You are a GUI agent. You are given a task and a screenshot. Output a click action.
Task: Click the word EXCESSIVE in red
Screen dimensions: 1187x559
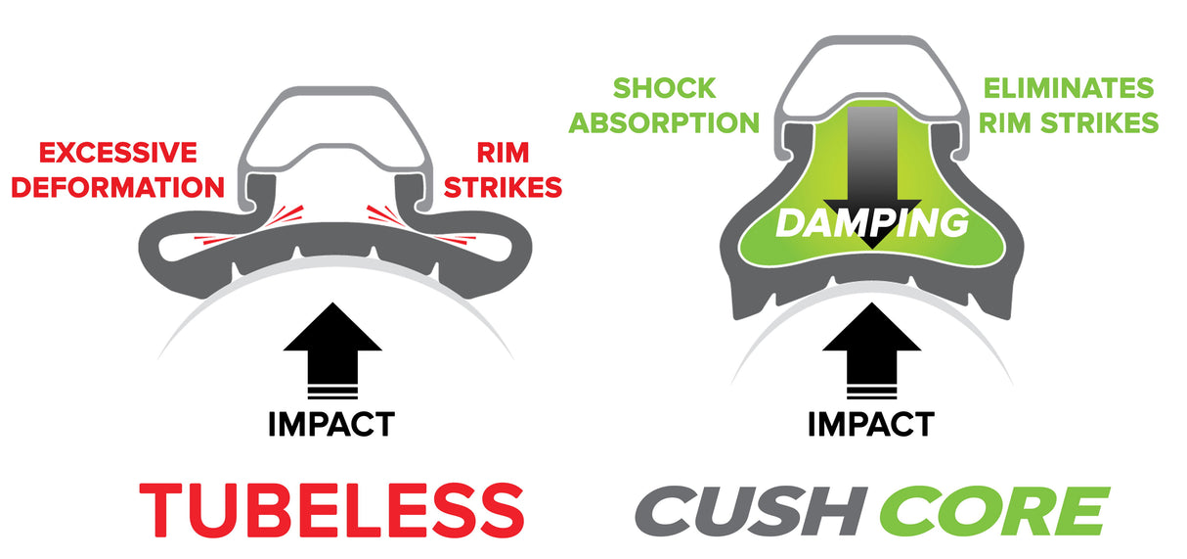click(117, 153)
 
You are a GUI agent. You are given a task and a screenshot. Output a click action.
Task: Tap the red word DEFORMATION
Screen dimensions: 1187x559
click(117, 187)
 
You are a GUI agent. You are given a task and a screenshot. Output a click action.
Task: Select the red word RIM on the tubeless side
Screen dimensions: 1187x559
click(503, 153)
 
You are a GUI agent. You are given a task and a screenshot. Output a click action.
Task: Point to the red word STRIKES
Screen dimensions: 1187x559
click(503, 187)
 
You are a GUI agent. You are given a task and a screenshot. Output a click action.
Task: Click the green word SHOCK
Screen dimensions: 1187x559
click(664, 88)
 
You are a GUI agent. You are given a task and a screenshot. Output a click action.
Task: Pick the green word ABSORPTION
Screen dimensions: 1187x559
click(664, 122)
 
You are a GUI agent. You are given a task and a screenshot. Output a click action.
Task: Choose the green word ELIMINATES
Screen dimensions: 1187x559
click(1069, 88)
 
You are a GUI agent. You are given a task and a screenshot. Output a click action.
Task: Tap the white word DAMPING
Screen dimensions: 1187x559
click(872, 223)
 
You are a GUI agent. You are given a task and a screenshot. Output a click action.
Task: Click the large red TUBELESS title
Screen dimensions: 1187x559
click(331, 510)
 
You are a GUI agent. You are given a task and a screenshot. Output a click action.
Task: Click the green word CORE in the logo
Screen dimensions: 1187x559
click(994, 510)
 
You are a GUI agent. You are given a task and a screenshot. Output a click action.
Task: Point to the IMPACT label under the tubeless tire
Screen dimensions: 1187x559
click(331, 424)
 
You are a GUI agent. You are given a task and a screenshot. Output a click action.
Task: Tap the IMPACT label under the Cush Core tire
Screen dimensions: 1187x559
click(870, 424)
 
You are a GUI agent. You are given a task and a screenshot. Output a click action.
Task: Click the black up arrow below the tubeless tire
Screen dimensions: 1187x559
click(332, 350)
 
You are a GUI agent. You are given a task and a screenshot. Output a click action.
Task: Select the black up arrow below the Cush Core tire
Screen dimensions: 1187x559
click(872, 350)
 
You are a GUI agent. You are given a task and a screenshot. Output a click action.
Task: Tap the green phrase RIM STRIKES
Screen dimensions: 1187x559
click(1069, 122)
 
